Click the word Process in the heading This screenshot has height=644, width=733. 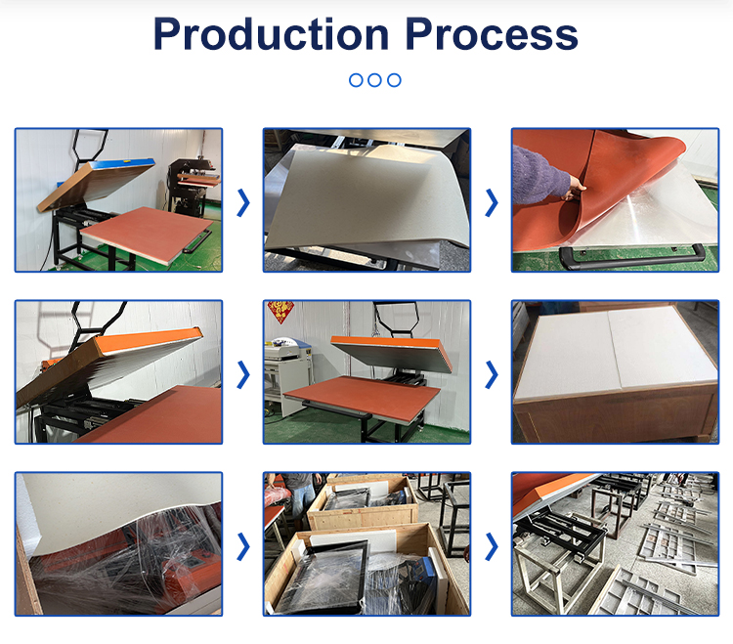click(x=492, y=34)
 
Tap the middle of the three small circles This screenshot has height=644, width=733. click(x=375, y=80)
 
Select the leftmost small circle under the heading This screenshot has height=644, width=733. click(x=357, y=80)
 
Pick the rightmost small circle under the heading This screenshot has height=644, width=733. click(x=394, y=80)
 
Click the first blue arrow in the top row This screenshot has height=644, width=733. click(x=243, y=202)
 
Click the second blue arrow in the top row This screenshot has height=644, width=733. click(x=492, y=202)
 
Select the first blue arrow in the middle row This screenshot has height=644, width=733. click(x=243, y=373)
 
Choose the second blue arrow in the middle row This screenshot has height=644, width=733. click(x=492, y=373)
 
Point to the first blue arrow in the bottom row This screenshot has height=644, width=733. click(x=243, y=546)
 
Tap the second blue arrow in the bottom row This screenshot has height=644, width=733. click(x=492, y=546)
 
